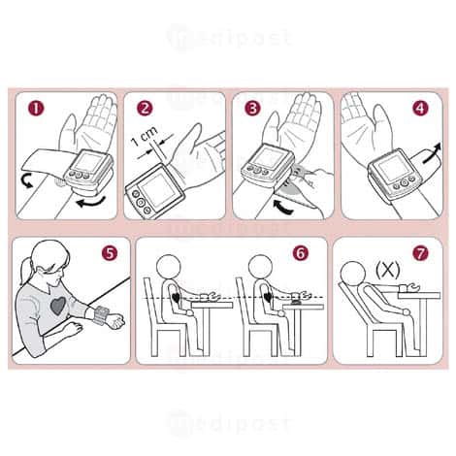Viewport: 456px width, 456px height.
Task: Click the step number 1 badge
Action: pos(36,109)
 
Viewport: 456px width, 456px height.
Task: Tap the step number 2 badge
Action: pos(144,108)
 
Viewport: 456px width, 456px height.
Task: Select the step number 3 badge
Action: pos(252,109)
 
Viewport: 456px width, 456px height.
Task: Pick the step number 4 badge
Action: pos(420,108)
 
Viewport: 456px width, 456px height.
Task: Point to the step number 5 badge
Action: pos(110,253)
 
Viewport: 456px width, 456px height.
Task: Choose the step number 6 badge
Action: pos(301,253)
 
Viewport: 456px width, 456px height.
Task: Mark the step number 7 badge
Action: pos(420,253)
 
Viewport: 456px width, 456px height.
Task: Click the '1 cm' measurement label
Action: pos(145,137)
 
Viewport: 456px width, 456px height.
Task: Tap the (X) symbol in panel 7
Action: pos(388,270)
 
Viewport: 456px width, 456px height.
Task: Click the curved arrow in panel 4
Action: pos(432,153)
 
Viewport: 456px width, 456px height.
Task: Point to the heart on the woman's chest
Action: pos(58,306)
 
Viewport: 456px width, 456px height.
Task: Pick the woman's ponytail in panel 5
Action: pos(26,269)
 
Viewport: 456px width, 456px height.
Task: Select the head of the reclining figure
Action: pos(353,274)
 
